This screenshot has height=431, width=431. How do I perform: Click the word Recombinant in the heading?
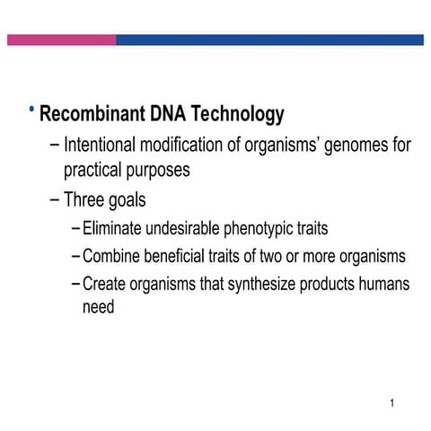(92, 115)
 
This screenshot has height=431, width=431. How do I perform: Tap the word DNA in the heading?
(169, 115)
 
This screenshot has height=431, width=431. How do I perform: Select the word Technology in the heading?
(240, 115)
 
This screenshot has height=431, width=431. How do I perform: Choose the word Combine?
(113, 257)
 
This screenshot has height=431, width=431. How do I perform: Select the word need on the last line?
(99, 307)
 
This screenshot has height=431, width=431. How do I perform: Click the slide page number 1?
(392, 403)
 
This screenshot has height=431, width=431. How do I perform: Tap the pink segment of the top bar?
(61, 40)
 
